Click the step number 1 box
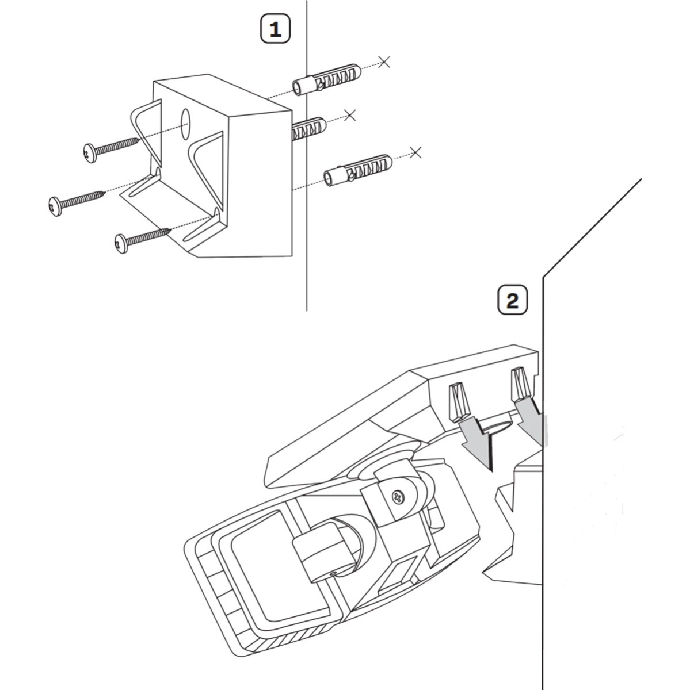tap(276, 29)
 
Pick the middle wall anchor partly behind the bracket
tap(308, 129)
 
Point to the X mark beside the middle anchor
tap(349, 115)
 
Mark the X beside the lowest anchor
tap(416, 152)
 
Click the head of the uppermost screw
tap(90, 153)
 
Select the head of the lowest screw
tap(122, 242)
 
